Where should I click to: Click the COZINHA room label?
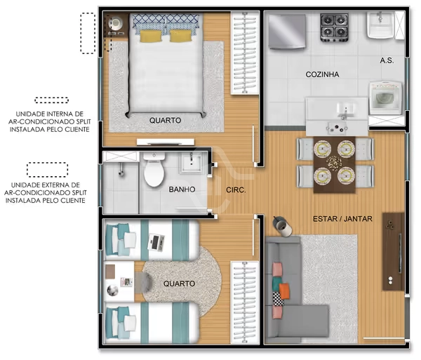point(322,74)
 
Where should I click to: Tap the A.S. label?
point(387,60)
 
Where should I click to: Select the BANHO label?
point(182,189)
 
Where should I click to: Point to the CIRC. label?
point(236,190)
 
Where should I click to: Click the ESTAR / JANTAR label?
point(342,219)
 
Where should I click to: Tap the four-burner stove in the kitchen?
point(334,27)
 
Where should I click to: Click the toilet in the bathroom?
point(154,169)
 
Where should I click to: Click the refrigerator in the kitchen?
point(287,32)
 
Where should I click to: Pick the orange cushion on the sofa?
point(284,291)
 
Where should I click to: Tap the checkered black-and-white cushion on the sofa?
point(278,299)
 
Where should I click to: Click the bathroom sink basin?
point(191,162)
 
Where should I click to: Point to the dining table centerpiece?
point(334,163)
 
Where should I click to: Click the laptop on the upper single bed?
point(156,242)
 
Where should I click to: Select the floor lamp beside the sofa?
point(282,226)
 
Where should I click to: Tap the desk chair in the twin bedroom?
point(143,282)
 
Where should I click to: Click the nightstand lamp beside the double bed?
point(116,24)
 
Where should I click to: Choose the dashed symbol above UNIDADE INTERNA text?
point(51,100)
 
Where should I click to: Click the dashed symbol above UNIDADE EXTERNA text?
point(47,170)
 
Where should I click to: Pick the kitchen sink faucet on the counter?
point(345,113)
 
